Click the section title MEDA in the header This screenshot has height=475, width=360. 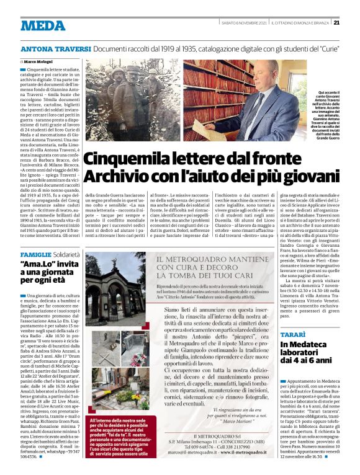(43, 25)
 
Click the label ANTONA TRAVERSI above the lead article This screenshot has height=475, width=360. (56, 48)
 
